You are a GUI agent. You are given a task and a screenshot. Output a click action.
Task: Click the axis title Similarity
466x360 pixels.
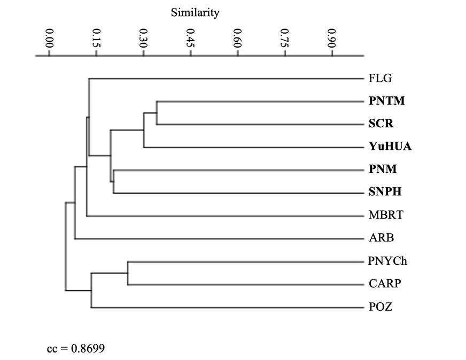pos(195,13)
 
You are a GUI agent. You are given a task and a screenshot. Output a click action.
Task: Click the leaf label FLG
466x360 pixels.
pos(380,79)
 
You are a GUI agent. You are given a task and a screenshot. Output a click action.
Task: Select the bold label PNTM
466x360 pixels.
pos(386,101)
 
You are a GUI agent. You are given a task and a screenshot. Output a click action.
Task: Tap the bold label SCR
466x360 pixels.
pos(381,124)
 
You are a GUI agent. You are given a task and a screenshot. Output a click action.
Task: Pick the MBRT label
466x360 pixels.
pos(385,216)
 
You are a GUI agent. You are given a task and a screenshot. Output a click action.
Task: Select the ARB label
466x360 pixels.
pos(381,239)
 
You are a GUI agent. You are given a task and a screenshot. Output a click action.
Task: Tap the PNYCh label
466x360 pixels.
pos(387,262)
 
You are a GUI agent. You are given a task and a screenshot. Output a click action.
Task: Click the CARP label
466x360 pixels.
pos(384,285)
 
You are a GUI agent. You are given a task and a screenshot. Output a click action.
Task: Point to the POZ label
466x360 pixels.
pos(380,308)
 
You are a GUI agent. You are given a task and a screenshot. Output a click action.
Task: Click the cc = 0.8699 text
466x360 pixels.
pos(76,349)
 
